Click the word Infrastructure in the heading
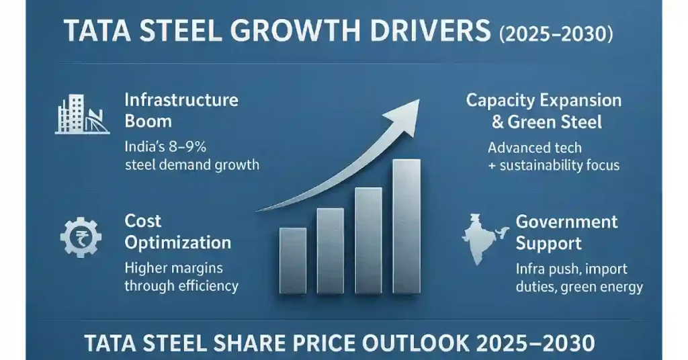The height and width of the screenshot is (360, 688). (181, 100)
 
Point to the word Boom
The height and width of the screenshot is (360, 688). (148, 122)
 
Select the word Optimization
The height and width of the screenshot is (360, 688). (177, 242)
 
